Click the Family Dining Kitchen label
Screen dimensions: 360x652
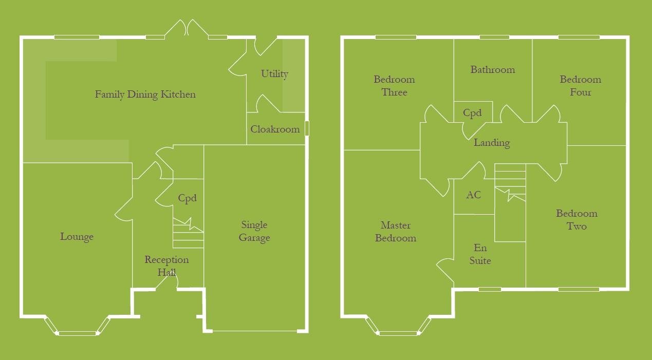[x=145, y=94]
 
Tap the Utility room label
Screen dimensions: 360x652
[x=274, y=74]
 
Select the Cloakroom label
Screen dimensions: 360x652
[x=275, y=129]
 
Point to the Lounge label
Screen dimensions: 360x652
[x=77, y=237]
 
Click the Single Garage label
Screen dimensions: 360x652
[x=254, y=231]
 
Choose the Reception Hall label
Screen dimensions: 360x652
[x=166, y=266]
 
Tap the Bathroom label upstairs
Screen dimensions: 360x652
[x=492, y=70]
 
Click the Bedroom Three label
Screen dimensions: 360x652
[x=394, y=86]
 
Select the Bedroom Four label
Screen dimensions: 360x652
[x=580, y=86]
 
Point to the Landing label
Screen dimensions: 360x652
[x=492, y=143]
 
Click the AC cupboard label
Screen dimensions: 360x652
[x=473, y=195]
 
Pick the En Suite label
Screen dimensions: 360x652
[x=480, y=254]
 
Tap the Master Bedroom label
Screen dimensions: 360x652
[x=395, y=232]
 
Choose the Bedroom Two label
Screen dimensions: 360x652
[x=576, y=220]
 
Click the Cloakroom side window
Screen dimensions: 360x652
[x=307, y=128]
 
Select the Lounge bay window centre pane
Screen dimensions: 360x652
[x=77, y=333]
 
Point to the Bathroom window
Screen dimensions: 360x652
[x=494, y=37]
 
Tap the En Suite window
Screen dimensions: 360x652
[x=490, y=289]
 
